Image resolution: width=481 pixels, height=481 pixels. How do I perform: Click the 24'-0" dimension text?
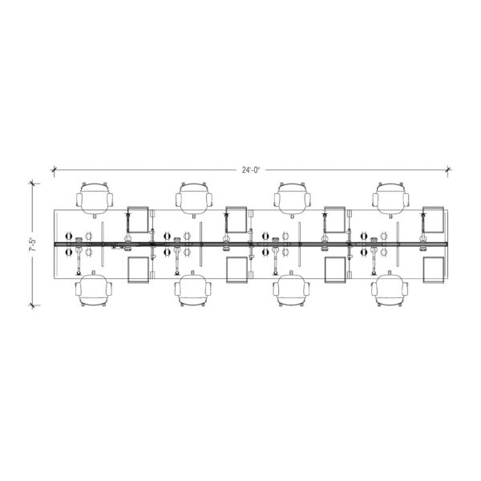point(251,170)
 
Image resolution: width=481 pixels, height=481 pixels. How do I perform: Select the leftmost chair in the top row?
point(95,200)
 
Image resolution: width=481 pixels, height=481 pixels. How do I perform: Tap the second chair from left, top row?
point(194,200)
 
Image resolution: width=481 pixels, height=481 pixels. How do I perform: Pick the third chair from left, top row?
point(293,200)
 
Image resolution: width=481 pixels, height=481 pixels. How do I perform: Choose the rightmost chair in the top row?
point(391,200)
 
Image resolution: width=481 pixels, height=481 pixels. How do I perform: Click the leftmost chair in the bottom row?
point(94,289)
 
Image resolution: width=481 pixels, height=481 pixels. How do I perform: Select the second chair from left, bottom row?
point(193,289)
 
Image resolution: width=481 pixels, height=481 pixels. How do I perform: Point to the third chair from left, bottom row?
point(291,289)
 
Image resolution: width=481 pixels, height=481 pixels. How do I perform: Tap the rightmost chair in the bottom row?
point(390,289)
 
